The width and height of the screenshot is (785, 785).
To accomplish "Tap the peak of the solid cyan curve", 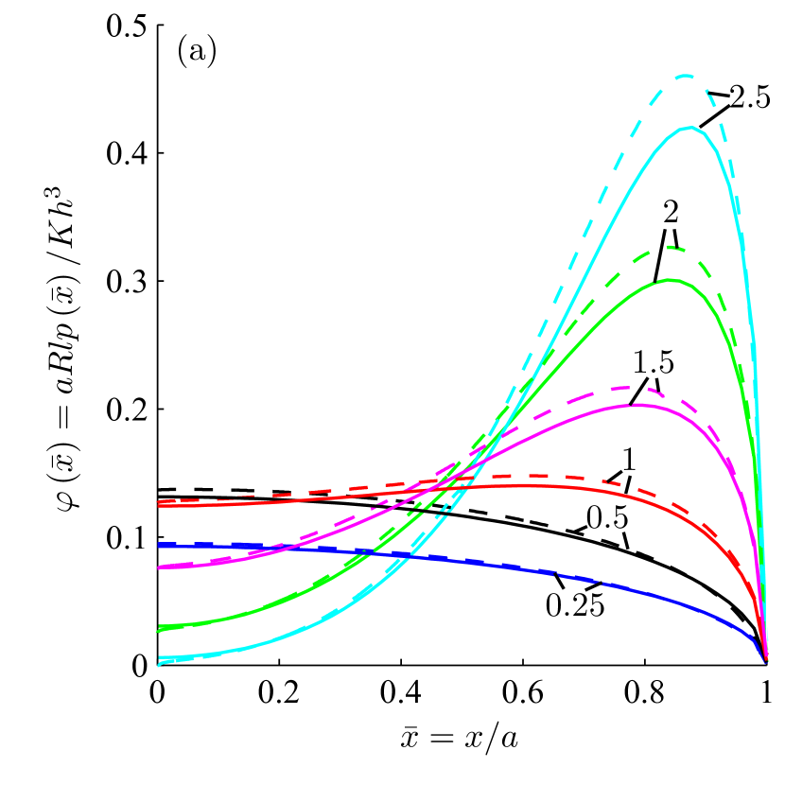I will [691, 127].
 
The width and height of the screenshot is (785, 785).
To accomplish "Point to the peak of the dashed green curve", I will [671, 247].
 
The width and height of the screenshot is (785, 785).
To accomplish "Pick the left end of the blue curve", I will [158, 545].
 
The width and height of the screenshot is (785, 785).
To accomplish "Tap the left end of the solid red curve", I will [158, 505].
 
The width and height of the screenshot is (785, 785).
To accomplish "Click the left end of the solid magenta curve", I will [158, 567].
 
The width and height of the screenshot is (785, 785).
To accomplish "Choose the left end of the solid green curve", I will [158, 627].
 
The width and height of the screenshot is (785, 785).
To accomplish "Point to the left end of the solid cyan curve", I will [158, 657].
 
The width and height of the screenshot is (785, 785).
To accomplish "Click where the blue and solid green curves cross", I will [366, 551].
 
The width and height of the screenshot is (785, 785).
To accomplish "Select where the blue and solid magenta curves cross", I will [274, 547].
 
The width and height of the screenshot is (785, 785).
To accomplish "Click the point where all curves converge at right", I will [766, 659].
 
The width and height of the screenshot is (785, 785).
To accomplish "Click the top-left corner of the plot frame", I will [157, 25].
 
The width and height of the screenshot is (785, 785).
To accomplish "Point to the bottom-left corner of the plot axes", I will [157, 665].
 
